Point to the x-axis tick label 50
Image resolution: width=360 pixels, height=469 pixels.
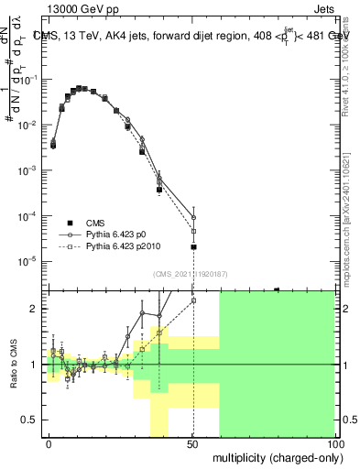(192, 442)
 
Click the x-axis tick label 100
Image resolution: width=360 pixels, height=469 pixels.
(333, 442)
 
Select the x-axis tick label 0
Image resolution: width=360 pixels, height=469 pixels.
(49, 442)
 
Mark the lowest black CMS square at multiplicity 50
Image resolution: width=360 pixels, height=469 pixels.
(193, 246)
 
